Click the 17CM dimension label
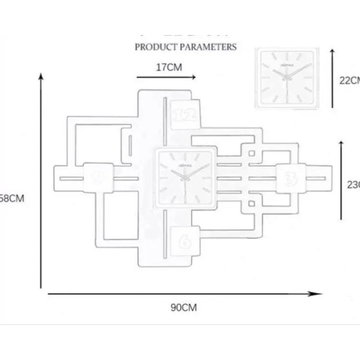[169, 67]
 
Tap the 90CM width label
[184, 308]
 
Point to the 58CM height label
[11, 198]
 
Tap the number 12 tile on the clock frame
[184, 114]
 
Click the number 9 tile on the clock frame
[98, 178]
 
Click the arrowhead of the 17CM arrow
[193, 77]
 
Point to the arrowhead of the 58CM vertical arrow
[41, 77]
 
